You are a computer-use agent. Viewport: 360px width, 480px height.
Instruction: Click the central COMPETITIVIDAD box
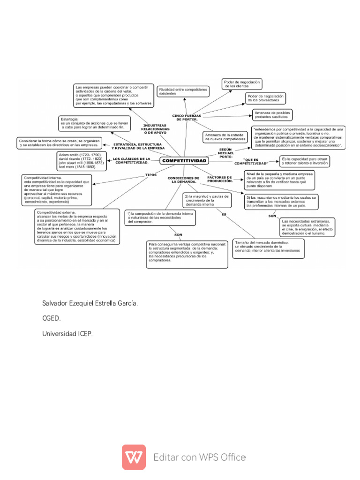click(184, 161)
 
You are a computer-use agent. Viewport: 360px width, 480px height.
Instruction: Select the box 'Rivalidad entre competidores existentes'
click(183, 91)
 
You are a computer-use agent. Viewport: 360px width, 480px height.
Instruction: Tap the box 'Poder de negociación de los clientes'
click(241, 84)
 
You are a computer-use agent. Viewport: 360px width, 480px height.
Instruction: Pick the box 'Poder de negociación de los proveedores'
click(265, 98)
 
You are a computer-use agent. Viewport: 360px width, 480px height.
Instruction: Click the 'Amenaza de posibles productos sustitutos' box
click(271, 114)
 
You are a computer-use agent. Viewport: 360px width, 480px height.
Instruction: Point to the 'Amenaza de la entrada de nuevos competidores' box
click(225, 137)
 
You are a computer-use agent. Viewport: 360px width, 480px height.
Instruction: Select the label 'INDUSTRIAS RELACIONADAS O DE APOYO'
click(154, 129)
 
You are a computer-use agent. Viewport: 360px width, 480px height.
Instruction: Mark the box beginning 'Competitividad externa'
click(77, 227)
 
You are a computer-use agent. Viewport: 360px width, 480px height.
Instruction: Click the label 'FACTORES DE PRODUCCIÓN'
click(220, 179)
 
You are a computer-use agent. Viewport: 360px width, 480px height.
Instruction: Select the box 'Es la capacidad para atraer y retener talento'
click(304, 161)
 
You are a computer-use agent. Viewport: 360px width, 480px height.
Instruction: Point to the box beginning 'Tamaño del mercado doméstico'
click(268, 247)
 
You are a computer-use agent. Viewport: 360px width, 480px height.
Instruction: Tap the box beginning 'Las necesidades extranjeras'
click(307, 227)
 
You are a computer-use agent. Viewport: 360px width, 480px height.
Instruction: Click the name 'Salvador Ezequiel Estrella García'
click(90, 304)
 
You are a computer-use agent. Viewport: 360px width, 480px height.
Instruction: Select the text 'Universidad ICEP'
click(68, 334)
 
